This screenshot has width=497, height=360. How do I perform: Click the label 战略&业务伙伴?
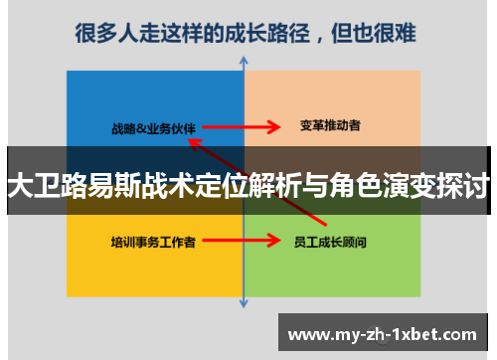pos(154,127)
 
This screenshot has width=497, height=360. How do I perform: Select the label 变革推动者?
pos(330,126)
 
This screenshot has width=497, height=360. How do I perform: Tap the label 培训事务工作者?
pos(153,241)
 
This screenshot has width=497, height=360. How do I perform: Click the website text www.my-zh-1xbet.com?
pos(386,332)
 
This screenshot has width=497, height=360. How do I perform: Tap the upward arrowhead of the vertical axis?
pos(244,62)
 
